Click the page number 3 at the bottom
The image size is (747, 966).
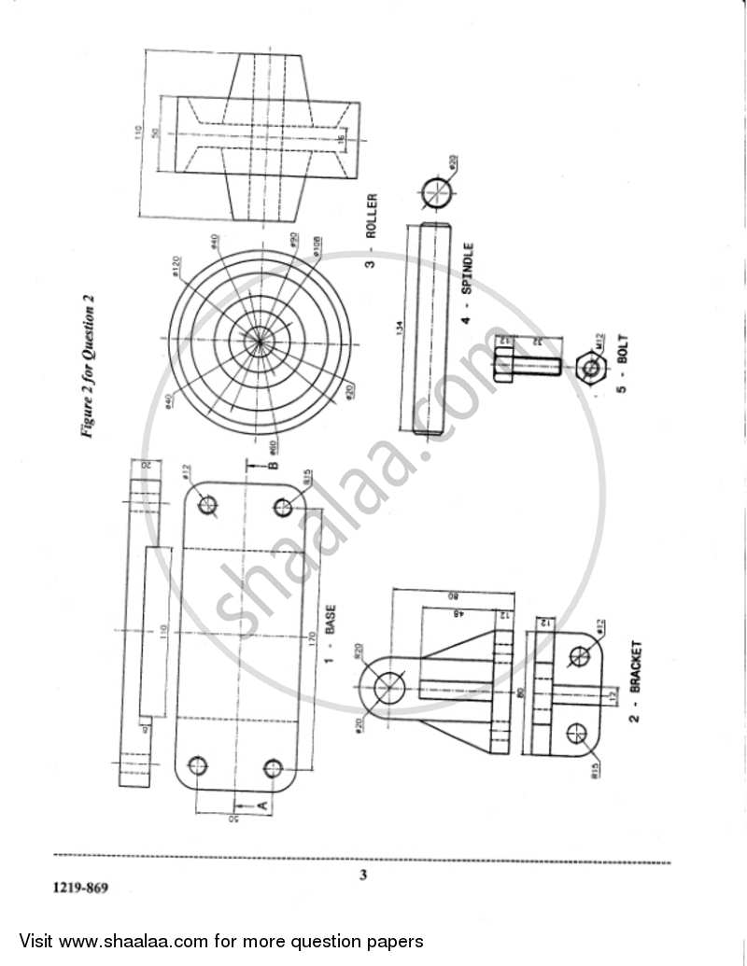[363, 875]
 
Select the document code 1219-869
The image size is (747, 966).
[80, 888]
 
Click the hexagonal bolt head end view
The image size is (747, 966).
[590, 368]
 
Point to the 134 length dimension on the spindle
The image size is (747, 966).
[399, 329]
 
